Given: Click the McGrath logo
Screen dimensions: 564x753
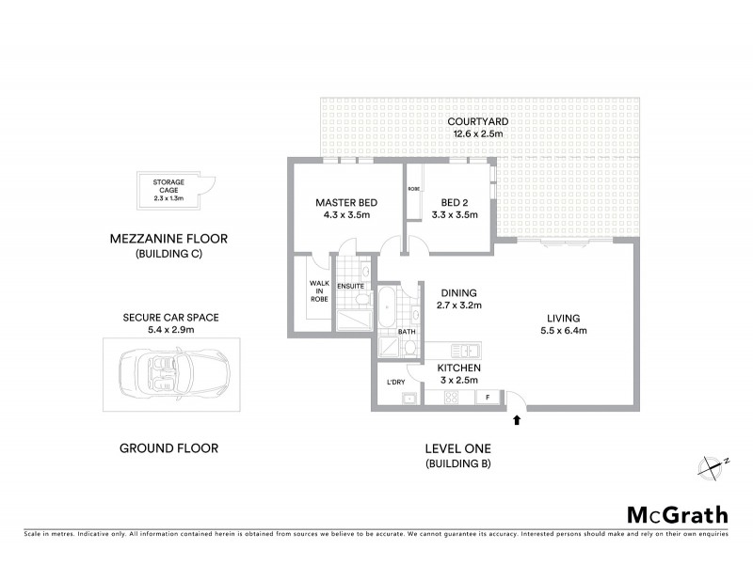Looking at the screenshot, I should (x=678, y=514).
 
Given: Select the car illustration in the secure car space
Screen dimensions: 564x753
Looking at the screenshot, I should (x=169, y=370).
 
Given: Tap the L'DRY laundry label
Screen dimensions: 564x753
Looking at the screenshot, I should (x=396, y=382).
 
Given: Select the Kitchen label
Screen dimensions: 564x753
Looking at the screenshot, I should (x=459, y=368).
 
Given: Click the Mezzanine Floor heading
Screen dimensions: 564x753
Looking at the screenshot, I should (x=168, y=240).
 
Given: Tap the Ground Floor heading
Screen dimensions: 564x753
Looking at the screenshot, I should (x=168, y=448).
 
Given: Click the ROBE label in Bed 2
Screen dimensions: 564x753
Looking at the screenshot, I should (x=413, y=189).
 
